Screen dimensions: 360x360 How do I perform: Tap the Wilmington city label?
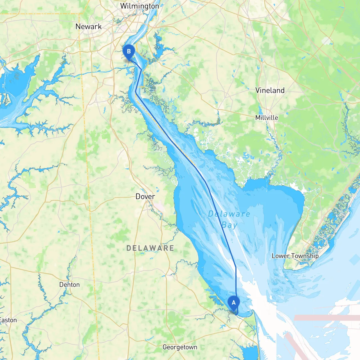(139, 6)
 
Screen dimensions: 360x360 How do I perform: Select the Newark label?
(89, 27)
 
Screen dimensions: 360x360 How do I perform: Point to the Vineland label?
(270, 90)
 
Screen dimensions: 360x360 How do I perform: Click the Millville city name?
(267, 118)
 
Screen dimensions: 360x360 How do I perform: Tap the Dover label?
(145, 196)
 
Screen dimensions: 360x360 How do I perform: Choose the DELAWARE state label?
(150, 248)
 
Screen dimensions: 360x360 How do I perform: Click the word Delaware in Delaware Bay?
(229, 214)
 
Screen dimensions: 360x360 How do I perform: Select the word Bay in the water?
(229, 225)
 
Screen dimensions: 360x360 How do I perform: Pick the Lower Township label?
(295, 256)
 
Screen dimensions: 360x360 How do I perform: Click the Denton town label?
(69, 285)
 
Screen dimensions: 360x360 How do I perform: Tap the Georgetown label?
(180, 347)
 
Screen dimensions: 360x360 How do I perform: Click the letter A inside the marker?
(233, 303)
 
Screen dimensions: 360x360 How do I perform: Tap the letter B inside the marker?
(129, 51)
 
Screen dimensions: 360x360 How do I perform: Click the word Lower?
(280, 256)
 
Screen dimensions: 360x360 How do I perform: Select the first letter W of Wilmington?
(124, 6)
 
